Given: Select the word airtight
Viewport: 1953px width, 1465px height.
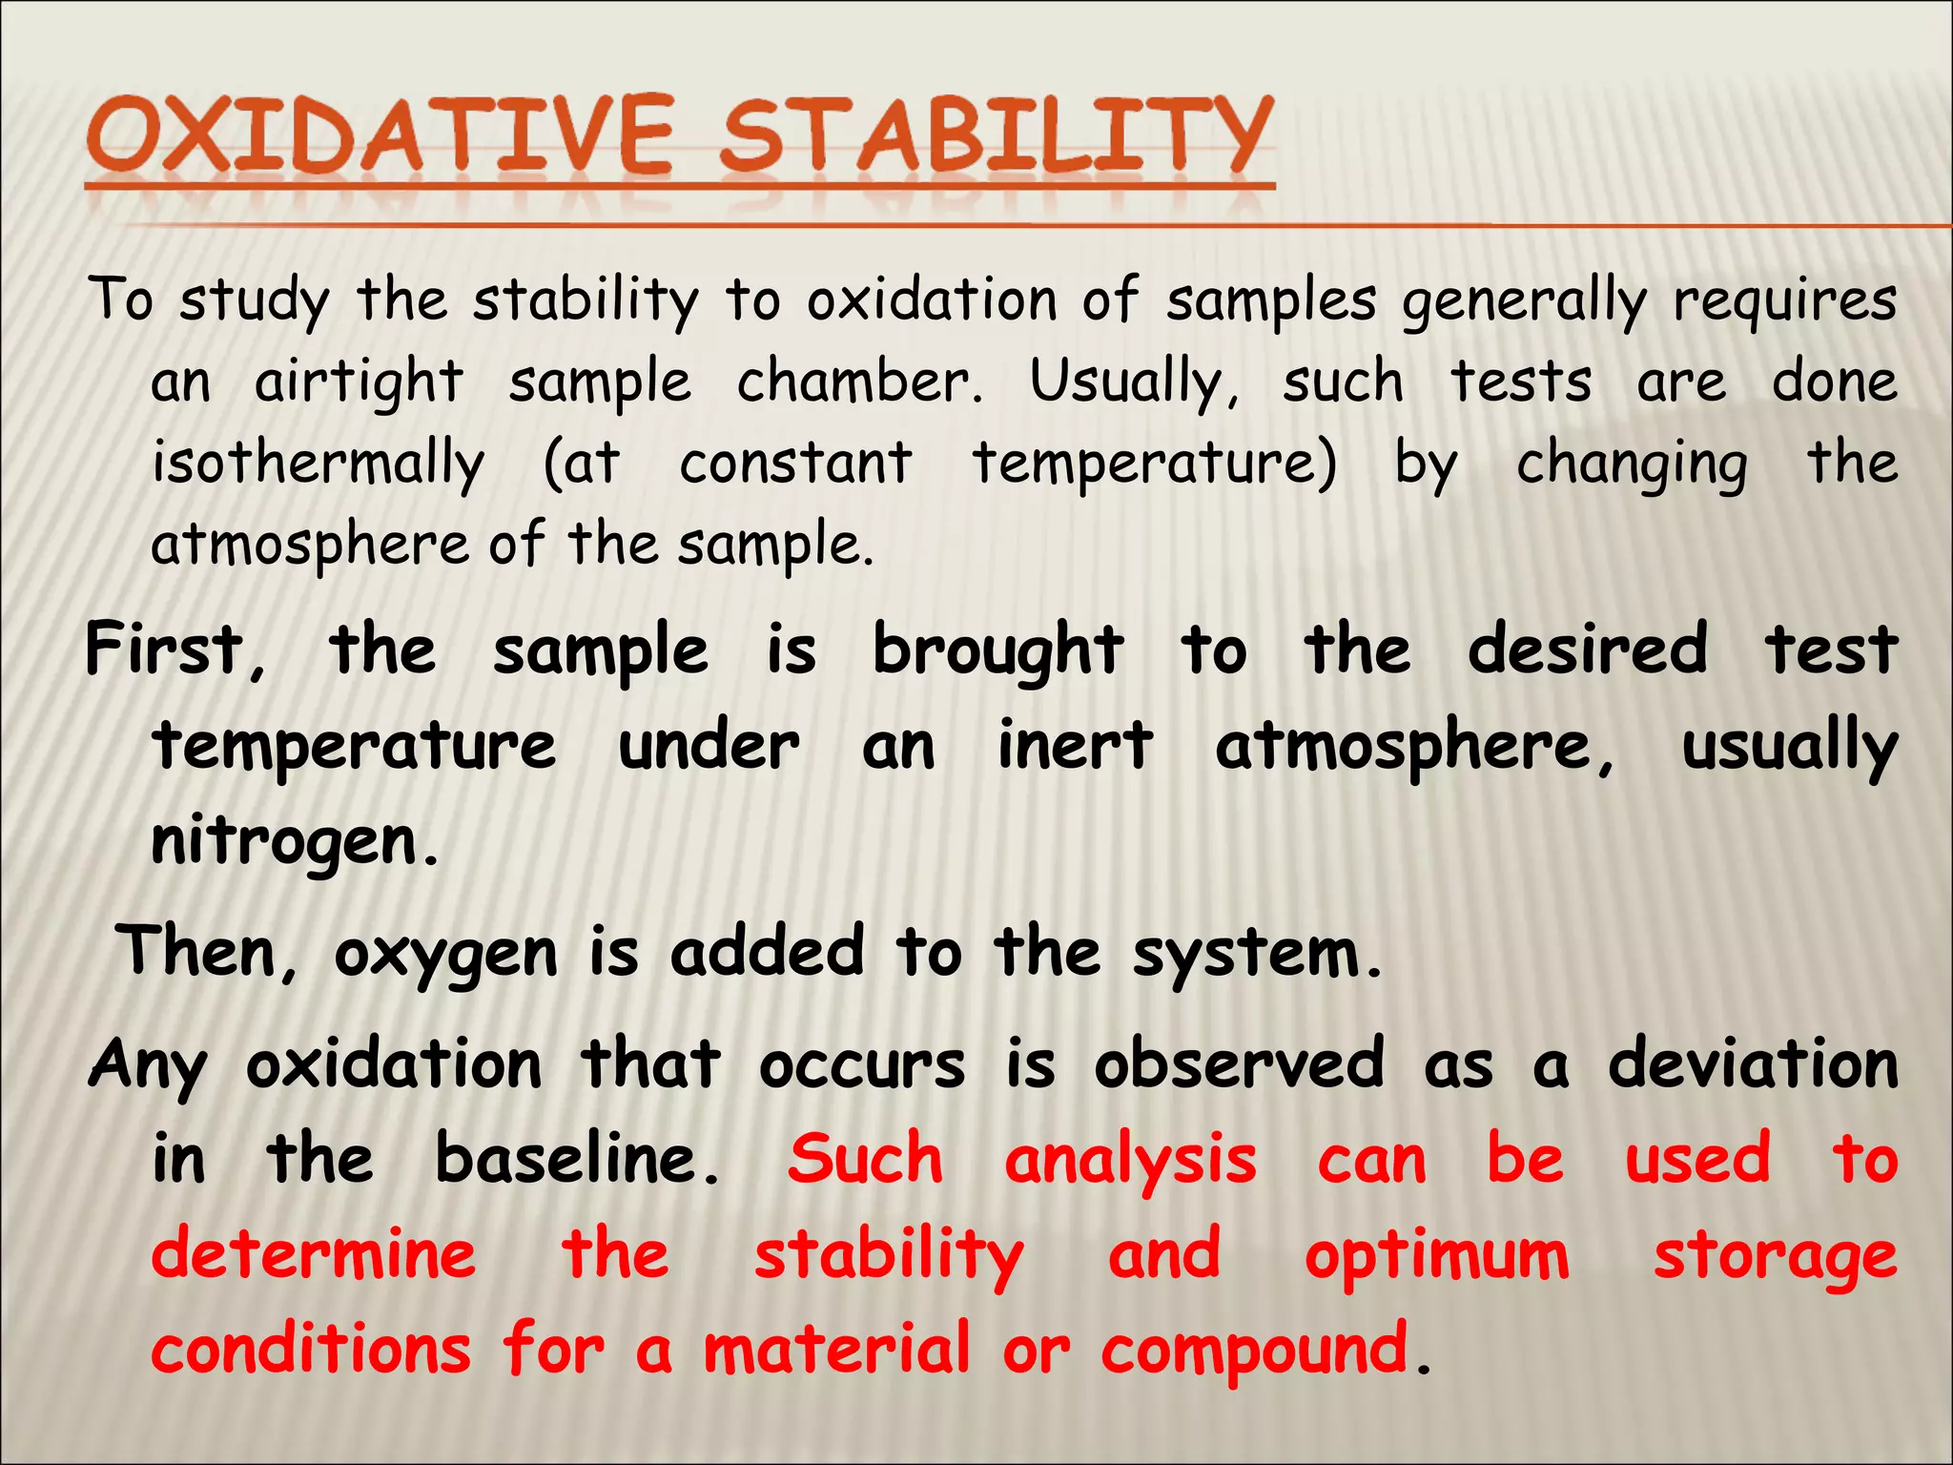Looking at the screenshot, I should coord(359,382).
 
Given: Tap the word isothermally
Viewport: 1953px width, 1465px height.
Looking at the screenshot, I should coord(319,464).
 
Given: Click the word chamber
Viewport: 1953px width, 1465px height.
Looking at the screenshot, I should coord(857,382).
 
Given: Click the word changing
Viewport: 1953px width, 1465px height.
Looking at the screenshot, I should coord(1632,464).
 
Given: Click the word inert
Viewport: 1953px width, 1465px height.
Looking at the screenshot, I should coord(1075,746).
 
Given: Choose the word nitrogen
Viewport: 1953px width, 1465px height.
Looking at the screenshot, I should coord(294,843).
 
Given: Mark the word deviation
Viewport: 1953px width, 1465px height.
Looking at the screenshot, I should coord(1753,1064).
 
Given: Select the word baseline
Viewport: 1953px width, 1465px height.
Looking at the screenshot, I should coord(575,1160).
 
